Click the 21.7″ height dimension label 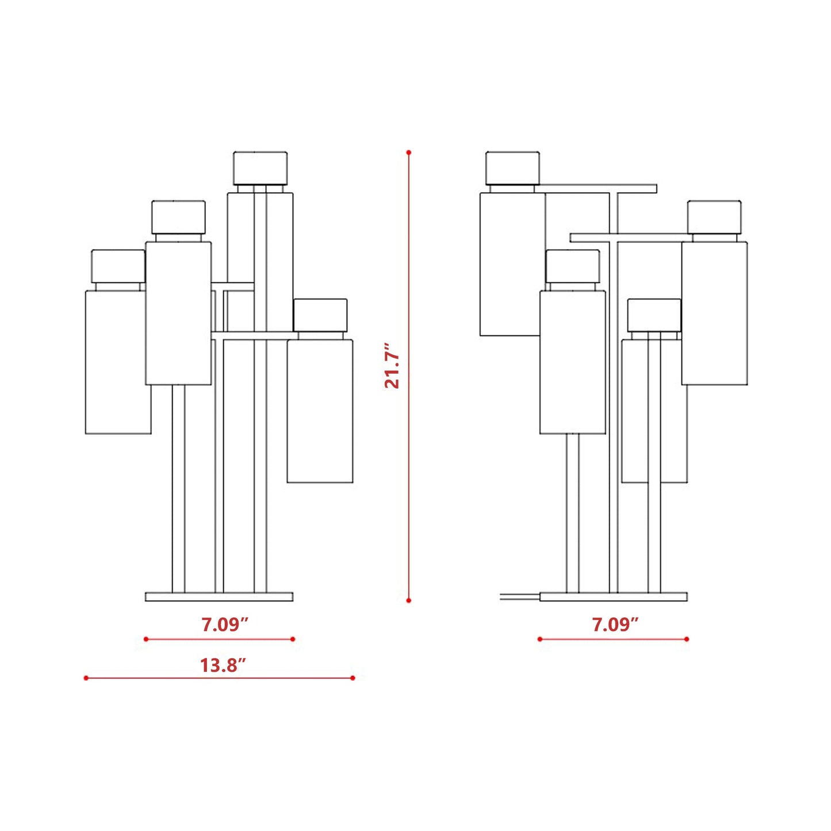click(392, 366)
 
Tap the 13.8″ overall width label click(223, 665)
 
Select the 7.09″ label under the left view click(225, 625)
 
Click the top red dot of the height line click(408, 152)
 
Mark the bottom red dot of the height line click(408, 600)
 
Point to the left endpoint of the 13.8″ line click(86, 678)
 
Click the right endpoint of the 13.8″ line click(353, 678)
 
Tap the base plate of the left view click(219, 597)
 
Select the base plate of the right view click(613, 597)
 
